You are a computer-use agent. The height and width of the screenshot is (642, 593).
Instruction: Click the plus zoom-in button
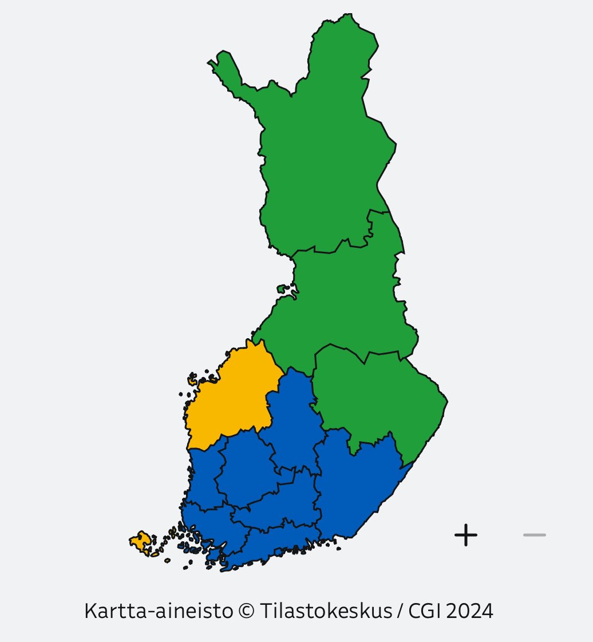coord(466,535)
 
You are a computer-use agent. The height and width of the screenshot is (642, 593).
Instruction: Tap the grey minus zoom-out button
coord(535,535)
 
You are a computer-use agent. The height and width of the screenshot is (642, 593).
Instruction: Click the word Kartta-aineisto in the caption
coord(158,611)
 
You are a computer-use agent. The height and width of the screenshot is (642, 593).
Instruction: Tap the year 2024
coord(469,611)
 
